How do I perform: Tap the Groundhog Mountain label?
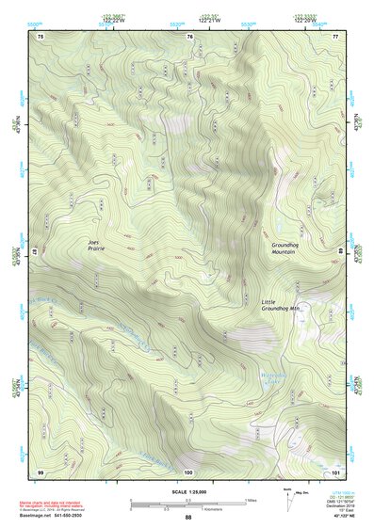point(284,248)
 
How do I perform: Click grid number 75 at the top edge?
point(40,36)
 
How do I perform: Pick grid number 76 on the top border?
point(189,36)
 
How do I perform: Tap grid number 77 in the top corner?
point(334,36)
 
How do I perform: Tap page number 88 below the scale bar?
point(188,518)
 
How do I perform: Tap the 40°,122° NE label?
point(345,517)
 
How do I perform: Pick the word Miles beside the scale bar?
point(251,499)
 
